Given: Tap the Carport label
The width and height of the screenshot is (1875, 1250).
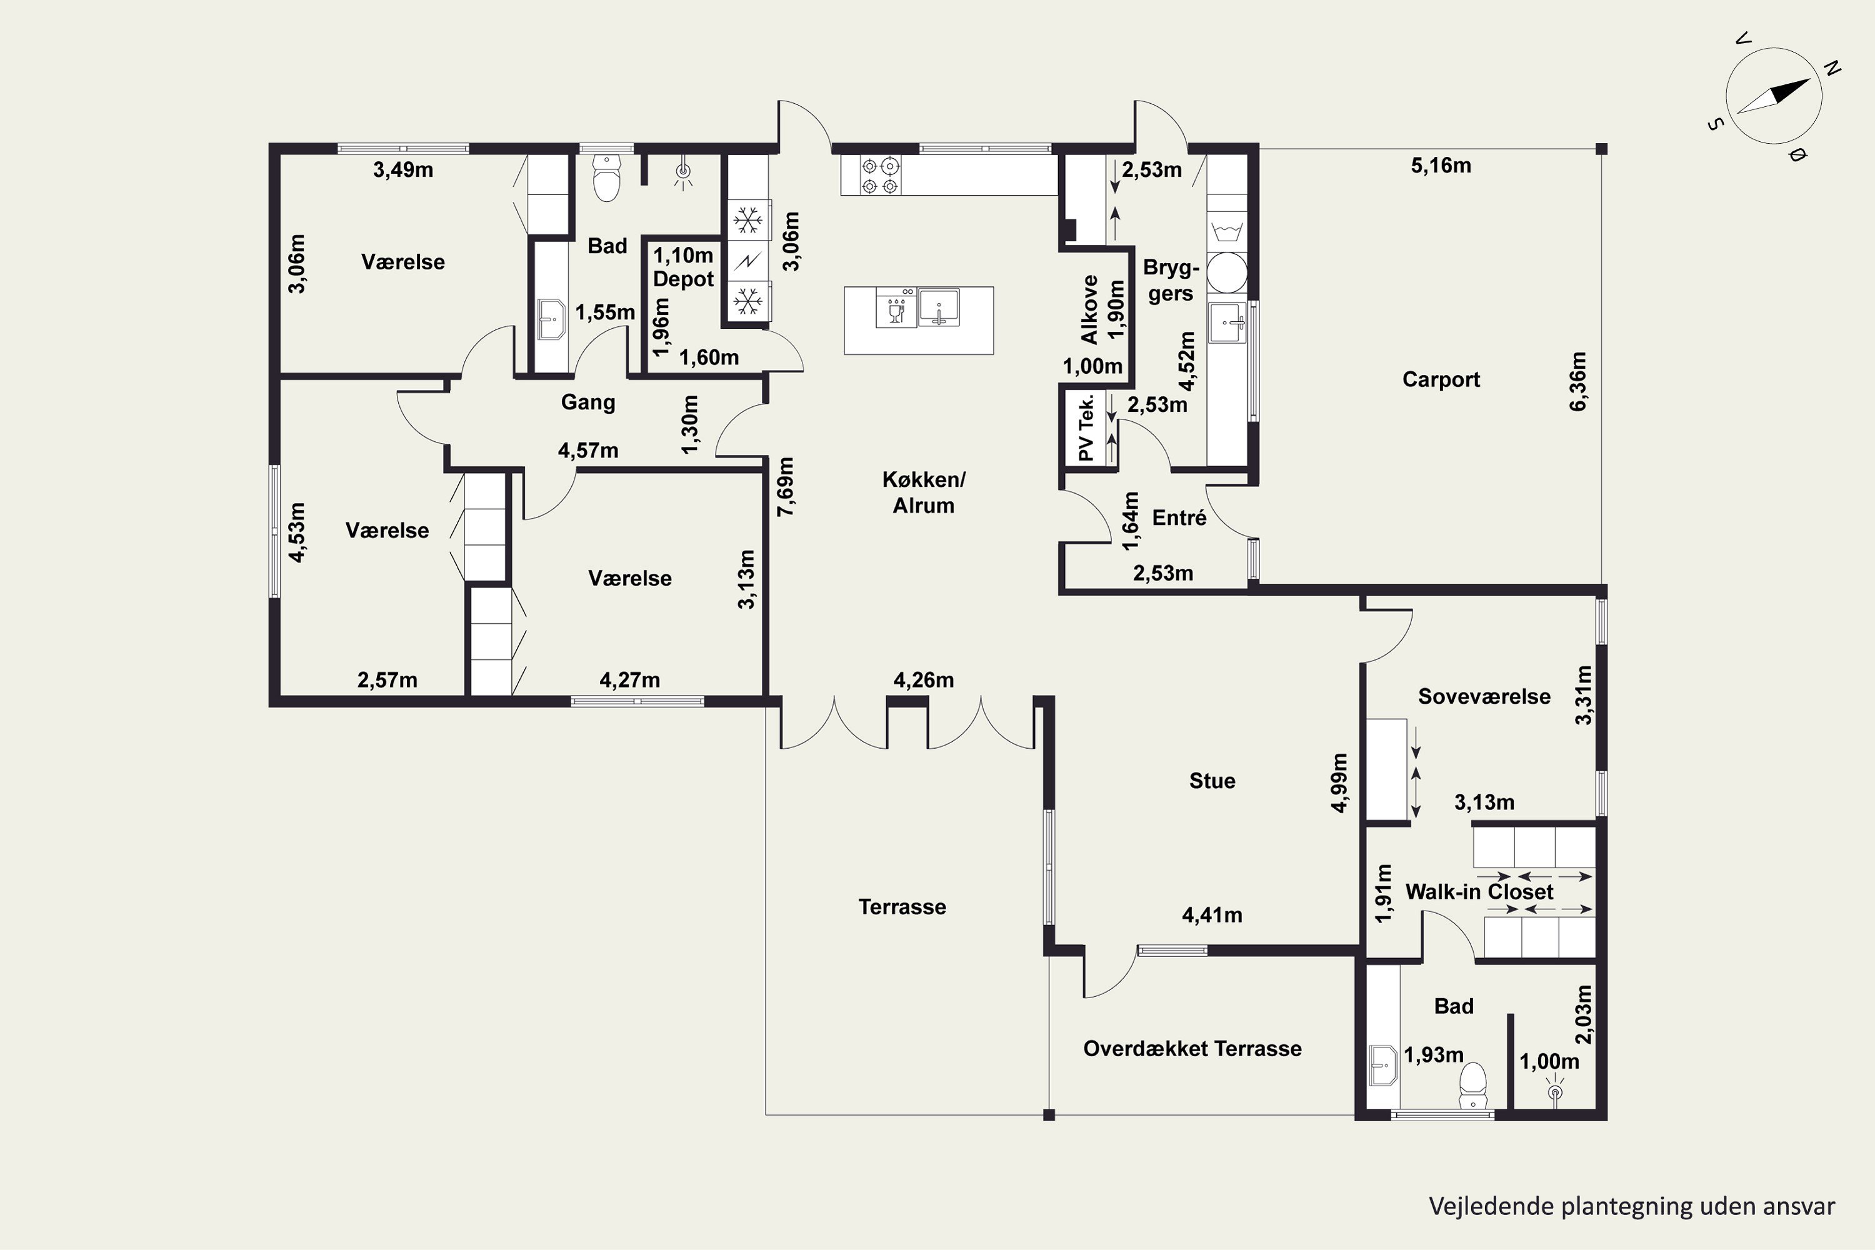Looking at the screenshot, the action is [x=1441, y=379].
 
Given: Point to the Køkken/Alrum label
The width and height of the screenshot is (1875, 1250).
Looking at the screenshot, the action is [x=923, y=492].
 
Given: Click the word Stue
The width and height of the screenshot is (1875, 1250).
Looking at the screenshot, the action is [x=1212, y=781].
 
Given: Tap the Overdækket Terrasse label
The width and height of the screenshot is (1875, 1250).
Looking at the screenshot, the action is [x=1192, y=1048].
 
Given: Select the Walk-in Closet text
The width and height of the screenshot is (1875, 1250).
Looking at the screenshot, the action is [x=1479, y=891].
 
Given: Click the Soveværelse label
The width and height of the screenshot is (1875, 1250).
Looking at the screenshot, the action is [x=1484, y=696].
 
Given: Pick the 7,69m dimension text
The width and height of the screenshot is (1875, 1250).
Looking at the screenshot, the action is [x=786, y=486].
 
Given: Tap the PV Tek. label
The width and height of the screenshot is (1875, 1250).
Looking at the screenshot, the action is [x=1085, y=427].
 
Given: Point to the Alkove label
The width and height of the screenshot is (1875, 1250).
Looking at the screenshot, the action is [x=1089, y=309].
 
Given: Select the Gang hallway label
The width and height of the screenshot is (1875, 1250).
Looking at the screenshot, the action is [x=587, y=402].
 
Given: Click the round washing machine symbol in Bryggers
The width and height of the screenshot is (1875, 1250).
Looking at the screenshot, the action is [x=1226, y=272].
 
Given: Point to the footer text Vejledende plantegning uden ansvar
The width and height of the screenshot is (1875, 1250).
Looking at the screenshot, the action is [x=1632, y=1206].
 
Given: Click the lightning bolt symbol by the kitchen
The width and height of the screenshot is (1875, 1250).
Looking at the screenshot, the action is [x=747, y=260].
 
